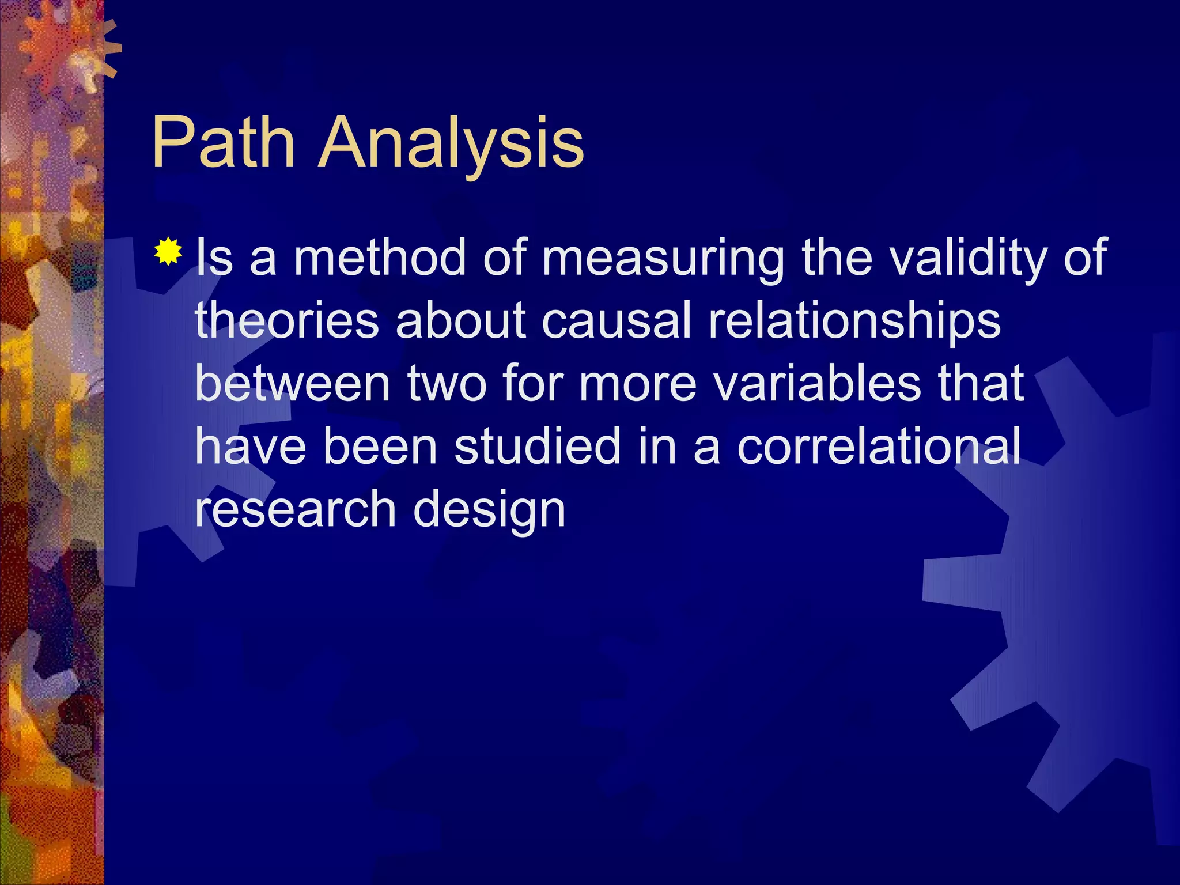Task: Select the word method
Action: pos(380,258)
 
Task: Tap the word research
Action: pos(296,509)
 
